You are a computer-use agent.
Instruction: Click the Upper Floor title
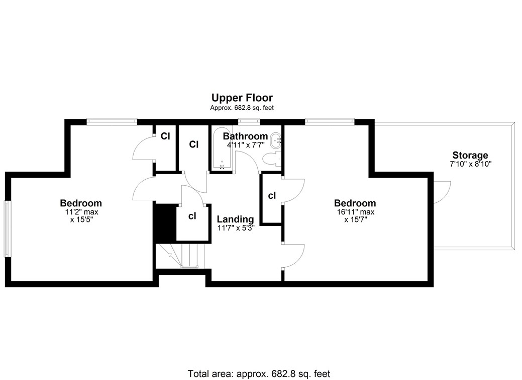pos(242,98)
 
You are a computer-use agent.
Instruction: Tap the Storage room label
pos(470,156)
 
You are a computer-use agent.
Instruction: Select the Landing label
pos(235,219)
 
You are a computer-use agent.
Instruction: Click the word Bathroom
pos(245,136)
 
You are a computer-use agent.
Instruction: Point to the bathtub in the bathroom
pos(222,149)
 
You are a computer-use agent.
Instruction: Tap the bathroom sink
pos(276,141)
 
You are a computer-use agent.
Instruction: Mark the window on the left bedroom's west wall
pos(7,229)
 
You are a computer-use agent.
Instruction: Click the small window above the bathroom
pos(249,121)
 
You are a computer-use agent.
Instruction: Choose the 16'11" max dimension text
pos(355,212)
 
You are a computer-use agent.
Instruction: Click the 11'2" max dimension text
pos(80,212)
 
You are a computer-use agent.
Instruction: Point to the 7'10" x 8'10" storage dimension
pos(470,164)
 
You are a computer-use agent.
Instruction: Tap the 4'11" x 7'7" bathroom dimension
pos(246,145)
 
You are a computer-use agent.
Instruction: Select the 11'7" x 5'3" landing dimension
pos(235,228)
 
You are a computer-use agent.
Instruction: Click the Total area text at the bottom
pos(259,373)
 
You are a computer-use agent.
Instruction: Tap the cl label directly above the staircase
pos(192,216)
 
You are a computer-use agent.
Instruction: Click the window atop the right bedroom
pos(329,121)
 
